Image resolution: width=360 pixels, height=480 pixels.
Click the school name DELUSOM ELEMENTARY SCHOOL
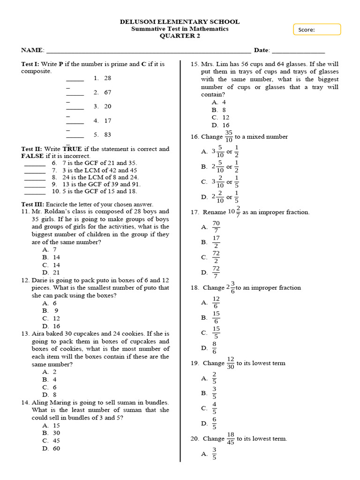[x=180, y=22]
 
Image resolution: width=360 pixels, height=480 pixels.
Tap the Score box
[x=317, y=30]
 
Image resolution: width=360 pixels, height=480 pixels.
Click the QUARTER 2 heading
[x=180, y=36]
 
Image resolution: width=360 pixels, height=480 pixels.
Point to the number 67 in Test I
[x=108, y=92]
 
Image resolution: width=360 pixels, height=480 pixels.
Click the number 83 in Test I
[x=108, y=135]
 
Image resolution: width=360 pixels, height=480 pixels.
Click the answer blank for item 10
[x=35, y=192]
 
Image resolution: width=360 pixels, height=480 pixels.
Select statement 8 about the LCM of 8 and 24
[x=94, y=177]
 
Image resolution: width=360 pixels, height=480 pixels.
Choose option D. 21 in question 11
[x=51, y=272]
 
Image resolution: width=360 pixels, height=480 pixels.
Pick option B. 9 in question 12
[x=50, y=310]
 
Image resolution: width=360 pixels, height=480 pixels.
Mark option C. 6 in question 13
[x=49, y=387]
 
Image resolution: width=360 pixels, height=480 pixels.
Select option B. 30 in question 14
[x=51, y=433]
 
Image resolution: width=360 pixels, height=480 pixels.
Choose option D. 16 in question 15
[x=220, y=125]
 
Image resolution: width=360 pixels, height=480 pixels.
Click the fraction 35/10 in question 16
[x=228, y=136]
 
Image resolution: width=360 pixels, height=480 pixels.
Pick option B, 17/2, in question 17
[x=216, y=242]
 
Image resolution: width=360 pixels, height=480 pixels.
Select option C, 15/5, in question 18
[x=216, y=332]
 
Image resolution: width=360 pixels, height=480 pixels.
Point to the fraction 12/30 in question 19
[x=230, y=363]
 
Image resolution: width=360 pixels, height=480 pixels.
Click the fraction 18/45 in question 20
[x=230, y=438]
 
